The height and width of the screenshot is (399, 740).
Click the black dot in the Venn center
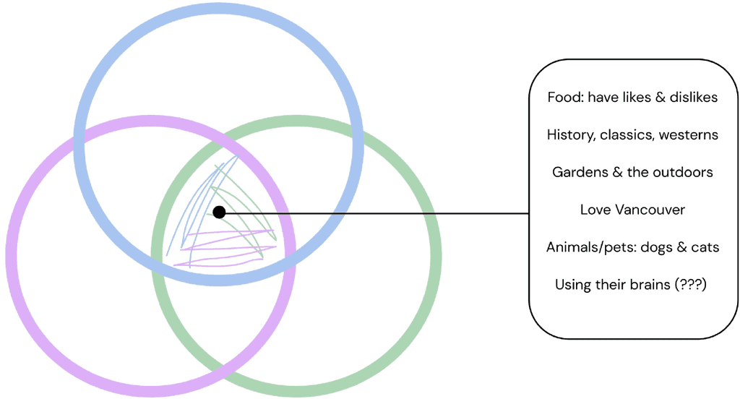[x=219, y=213]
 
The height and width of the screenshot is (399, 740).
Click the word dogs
[x=657, y=247]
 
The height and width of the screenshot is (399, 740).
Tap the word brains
[x=650, y=285]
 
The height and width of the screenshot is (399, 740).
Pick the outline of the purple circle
[x=11, y=257]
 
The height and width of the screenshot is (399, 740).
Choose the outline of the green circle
[x=436, y=257]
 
